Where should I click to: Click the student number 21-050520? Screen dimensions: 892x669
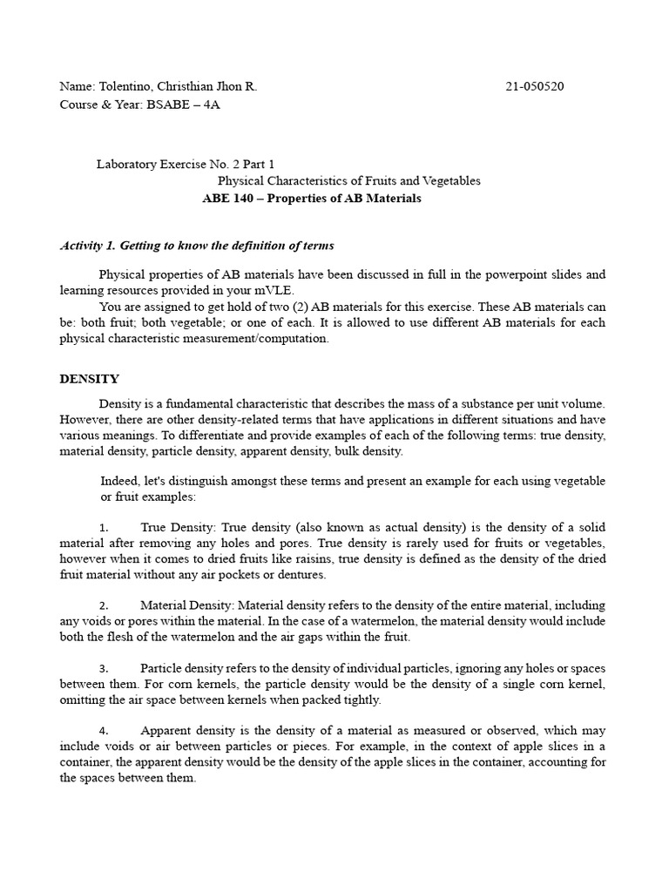click(540, 87)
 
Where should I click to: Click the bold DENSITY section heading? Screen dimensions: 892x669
click(89, 379)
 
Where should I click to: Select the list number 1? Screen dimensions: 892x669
click(104, 528)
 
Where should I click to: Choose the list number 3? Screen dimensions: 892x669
click(104, 669)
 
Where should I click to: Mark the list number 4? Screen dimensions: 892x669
click(104, 731)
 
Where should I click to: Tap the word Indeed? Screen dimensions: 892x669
click(118, 481)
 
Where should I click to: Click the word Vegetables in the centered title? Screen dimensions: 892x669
click(451, 181)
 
